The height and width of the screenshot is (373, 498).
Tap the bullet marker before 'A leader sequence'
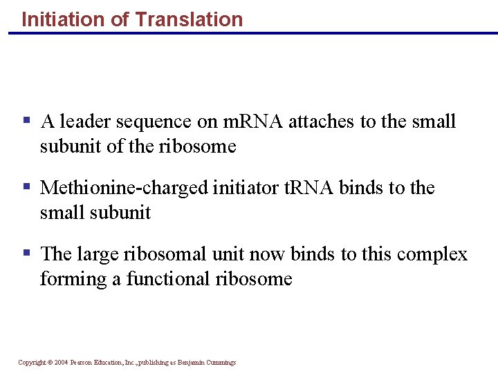27,121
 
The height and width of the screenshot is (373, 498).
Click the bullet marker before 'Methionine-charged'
27,186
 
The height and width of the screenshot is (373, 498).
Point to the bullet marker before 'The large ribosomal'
27,253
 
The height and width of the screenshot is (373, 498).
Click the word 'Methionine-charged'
124,189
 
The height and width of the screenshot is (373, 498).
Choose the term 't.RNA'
309,188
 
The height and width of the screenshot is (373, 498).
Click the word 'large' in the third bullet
98,255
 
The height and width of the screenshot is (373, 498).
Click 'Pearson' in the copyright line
82,363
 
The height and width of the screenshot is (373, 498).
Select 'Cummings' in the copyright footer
221,363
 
